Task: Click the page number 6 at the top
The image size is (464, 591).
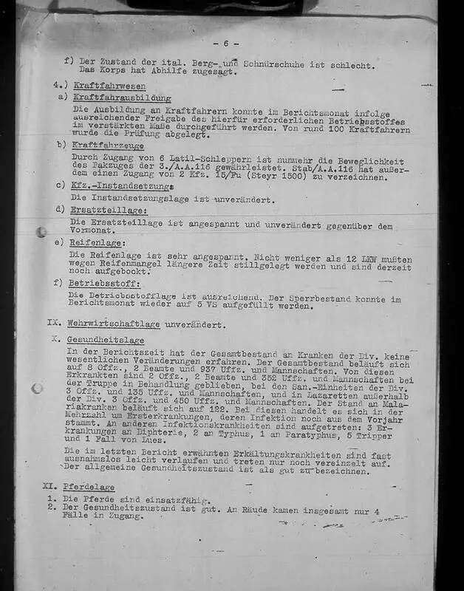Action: point(226,44)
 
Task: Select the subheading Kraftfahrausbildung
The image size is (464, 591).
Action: point(122,98)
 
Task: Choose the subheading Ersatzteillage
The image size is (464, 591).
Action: point(102,210)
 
